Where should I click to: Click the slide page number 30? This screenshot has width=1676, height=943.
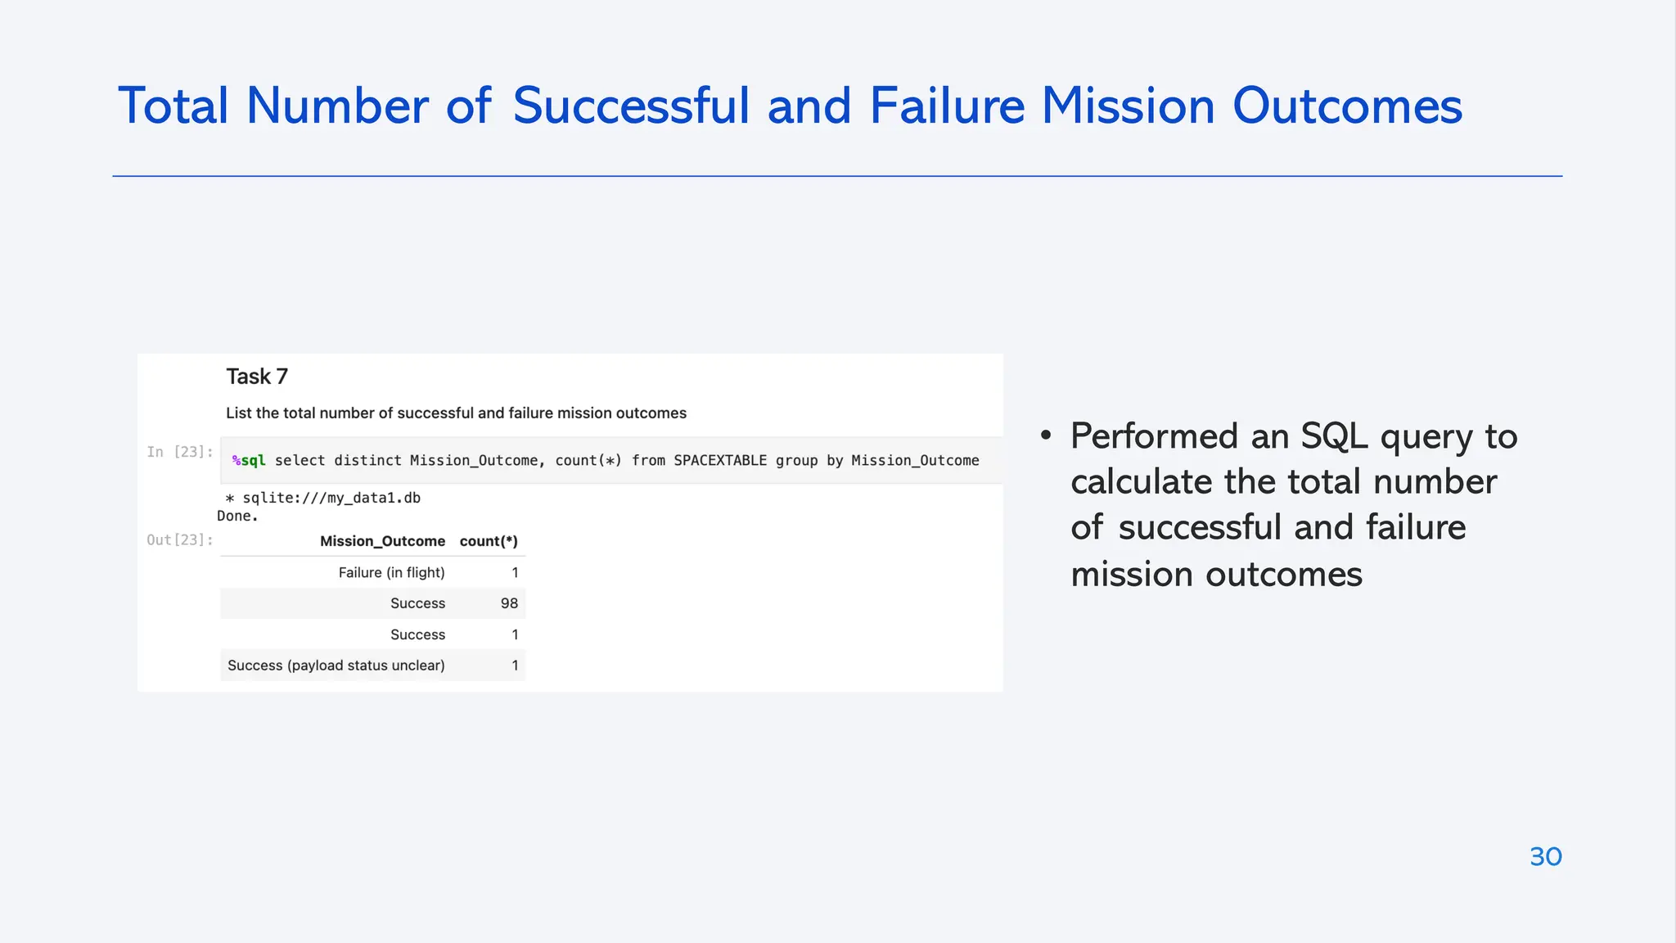[1545, 856]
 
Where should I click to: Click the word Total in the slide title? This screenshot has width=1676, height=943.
[173, 106]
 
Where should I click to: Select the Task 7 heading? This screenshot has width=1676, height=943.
[257, 377]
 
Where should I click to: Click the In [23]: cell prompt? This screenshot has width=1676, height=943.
[179, 452]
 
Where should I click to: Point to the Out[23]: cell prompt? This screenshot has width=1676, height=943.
[179, 540]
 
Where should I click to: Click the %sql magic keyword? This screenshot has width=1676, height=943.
[249, 461]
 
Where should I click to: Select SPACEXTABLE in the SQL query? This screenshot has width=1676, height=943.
[720, 461]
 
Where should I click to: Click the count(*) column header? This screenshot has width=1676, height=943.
[489, 541]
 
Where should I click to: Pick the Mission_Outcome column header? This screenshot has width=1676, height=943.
[382, 541]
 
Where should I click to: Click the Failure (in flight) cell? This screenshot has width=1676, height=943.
[391, 572]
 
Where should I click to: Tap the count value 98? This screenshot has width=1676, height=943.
[509, 603]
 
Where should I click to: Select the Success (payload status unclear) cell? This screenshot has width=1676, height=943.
[336, 666]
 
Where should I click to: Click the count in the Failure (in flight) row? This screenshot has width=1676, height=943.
[515, 572]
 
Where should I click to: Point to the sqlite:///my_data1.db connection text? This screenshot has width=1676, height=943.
[331, 498]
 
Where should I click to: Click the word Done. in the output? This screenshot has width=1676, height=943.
[237, 516]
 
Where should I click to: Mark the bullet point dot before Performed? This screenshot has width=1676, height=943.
[1046, 435]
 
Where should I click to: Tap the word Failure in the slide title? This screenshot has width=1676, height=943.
[947, 106]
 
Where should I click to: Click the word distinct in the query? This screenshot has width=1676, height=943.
[367, 461]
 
